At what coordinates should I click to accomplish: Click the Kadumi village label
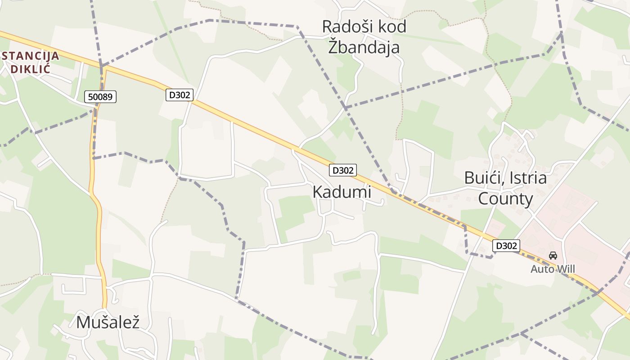pyautogui.click(x=342, y=192)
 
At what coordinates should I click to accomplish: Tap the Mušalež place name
pyautogui.click(x=108, y=322)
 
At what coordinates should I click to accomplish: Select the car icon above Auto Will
pyautogui.click(x=553, y=256)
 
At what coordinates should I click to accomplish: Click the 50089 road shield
pyautogui.click(x=100, y=96)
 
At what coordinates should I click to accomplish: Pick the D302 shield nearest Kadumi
pyautogui.click(x=343, y=170)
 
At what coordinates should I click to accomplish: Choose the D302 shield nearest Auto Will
pyautogui.click(x=507, y=246)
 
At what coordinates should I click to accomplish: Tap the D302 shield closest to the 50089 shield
pyautogui.click(x=180, y=95)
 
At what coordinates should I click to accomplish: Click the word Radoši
pyautogui.click(x=342, y=27)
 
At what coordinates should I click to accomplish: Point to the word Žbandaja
pyautogui.click(x=364, y=47)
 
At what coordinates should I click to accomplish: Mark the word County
pyautogui.click(x=505, y=198)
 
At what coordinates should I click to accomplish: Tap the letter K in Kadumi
pyautogui.click(x=317, y=192)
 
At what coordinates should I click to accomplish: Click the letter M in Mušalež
pyautogui.click(x=83, y=322)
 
